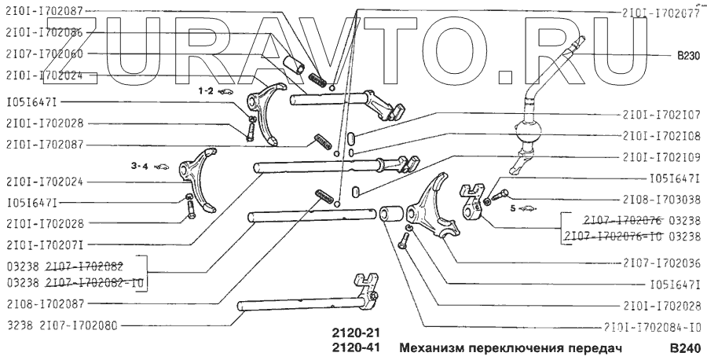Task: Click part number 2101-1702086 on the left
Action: [x=45, y=33]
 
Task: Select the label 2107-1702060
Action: [x=45, y=54]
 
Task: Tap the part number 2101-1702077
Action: [x=659, y=13]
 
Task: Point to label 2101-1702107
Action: [x=659, y=113]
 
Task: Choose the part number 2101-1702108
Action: [x=659, y=134]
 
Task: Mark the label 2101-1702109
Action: [x=659, y=156]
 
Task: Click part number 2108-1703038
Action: [x=659, y=200]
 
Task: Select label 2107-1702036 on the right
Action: [x=659, y=263]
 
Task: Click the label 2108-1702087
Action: [x=45, y=303]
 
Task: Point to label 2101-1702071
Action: [x=45, y=244]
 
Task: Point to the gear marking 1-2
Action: [x=206, y=91]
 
